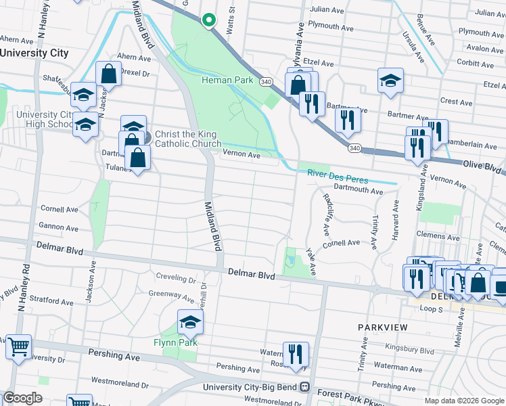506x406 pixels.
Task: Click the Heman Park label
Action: (x=227, y=81)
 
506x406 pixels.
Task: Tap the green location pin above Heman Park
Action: (x=209, y=20)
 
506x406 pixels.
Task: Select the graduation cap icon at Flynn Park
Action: (x=190, y=323)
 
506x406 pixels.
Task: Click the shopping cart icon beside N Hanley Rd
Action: (x=18, y=346)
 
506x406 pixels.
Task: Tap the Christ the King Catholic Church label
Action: (x=188, y=139)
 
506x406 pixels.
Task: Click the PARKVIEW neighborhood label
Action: (x=383, y=328)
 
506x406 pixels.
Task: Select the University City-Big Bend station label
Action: (x=252, y=388)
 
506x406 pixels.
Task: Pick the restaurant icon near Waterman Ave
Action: (x=295, y=354)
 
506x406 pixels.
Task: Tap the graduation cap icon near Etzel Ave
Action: (x=390, y=81)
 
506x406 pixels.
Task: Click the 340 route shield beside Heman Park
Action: (x=266, y=81)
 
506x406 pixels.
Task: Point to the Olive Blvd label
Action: (x=483, y=165)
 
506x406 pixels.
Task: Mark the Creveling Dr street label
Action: (x=176, y=278)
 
